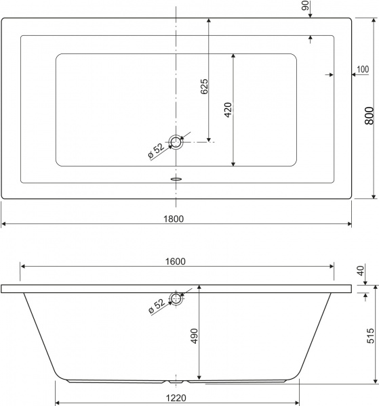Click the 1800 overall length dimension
176,217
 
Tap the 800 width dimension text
369,118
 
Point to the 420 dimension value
228,110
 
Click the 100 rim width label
362,69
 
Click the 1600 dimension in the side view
176,261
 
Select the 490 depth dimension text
194,337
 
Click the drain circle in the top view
177,142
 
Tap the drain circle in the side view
177,298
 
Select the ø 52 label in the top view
155,152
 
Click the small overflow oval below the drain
176,179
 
